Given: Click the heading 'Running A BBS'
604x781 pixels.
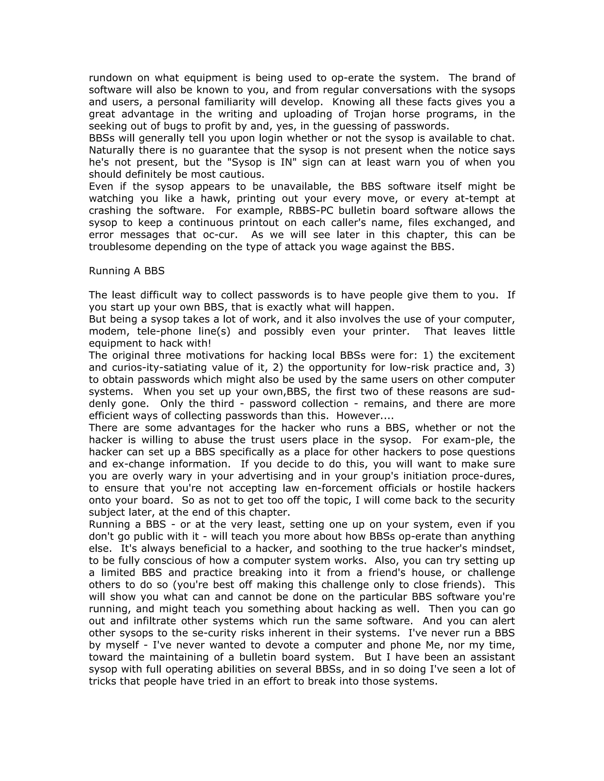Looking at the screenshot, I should pos(127,271).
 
